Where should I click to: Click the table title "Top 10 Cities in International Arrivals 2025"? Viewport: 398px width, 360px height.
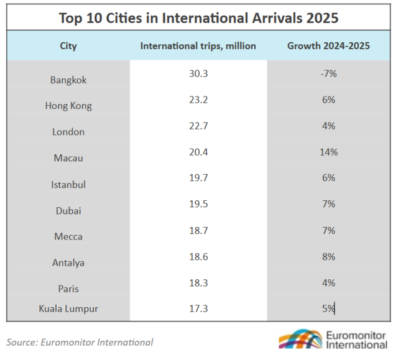tap(198, 17)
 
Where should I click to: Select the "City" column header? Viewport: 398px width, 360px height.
tap(68, 46)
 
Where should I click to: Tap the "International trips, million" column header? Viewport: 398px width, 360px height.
tap(198, 46)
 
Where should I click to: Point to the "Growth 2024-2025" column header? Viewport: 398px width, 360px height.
tap(330, 46)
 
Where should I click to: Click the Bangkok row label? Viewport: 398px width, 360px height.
tap(68, 80)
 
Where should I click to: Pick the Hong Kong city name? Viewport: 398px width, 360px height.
tap(68, 106)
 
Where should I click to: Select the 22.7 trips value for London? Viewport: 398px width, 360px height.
tap(198, 126)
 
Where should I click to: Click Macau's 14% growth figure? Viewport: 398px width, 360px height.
tap(329, 152)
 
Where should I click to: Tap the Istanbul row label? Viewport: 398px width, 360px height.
tap(68, 185)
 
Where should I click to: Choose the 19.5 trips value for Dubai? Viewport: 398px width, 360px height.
tap(198, 204)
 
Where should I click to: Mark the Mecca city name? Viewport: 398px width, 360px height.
tap(68, 237)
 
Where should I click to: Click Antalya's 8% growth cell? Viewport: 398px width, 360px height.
tap(329, 256)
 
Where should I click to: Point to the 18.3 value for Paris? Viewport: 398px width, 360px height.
tap(198, 282)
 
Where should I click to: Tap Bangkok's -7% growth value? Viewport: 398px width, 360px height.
tap(329, 73)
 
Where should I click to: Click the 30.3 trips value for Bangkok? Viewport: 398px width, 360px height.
tap(198, 73)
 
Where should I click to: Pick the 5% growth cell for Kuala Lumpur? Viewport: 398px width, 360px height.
tap(329, 307)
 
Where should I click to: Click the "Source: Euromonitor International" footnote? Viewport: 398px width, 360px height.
tap(80, 342)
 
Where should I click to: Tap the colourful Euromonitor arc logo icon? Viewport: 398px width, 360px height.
tap(299, 340)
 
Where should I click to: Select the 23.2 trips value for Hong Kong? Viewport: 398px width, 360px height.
tap(198, 99)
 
